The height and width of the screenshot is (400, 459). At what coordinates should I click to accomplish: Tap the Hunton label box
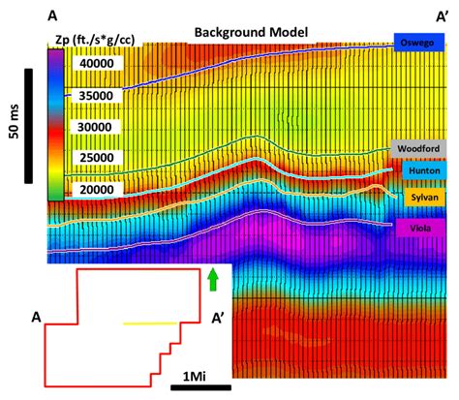pos(422,170)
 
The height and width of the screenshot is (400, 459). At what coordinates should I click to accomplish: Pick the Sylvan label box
pos(420,198)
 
